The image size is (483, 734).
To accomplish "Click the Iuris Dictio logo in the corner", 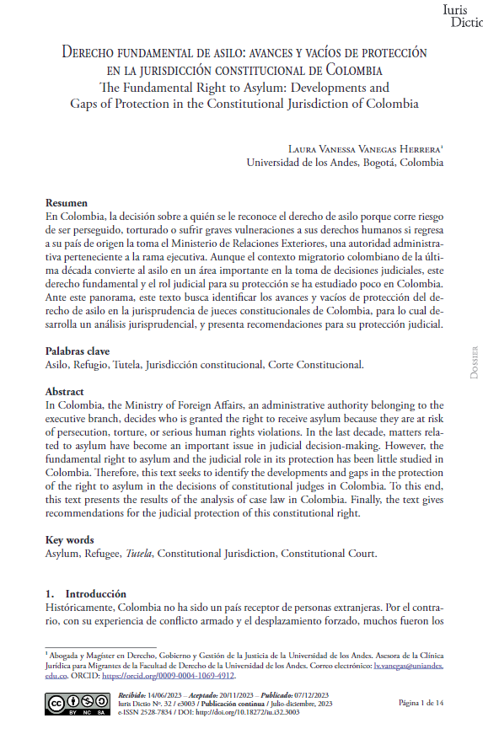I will coord(461,16).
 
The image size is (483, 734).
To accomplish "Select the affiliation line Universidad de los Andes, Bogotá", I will coord(344,163).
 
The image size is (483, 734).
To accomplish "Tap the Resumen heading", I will coord(66,203).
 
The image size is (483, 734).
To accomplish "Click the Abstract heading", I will coord(64,392).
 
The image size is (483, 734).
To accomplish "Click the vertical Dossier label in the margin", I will coord(473,362).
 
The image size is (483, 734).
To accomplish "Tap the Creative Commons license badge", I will coord(72,704).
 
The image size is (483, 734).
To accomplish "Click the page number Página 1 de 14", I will coord(421,701).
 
